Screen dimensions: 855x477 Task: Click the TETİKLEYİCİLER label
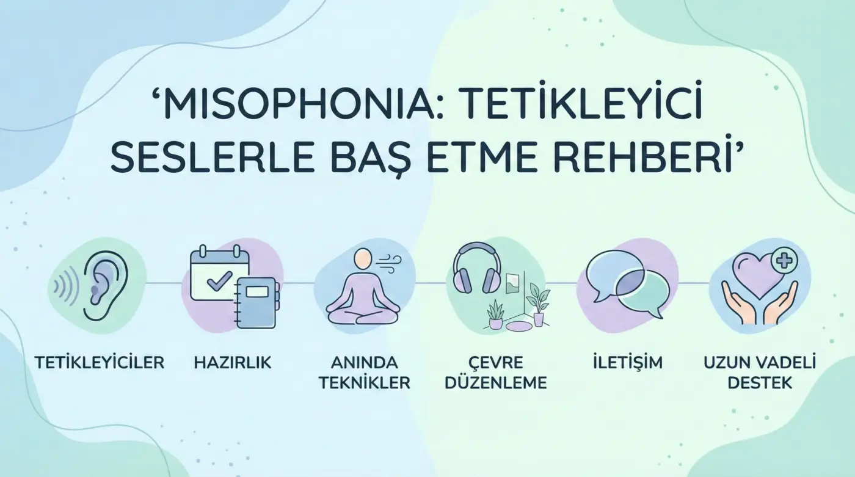[x=99, y=363]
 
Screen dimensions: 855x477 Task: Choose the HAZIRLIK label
[x=233, y=363]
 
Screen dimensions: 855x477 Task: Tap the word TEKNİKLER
[x=365, y=383]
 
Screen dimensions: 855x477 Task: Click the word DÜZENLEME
[x=496, y=383]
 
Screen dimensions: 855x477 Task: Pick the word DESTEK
[x=760, y=383]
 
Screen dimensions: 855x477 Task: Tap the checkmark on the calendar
[x=219, y=281]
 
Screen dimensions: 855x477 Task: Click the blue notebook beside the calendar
[x=257, y=302]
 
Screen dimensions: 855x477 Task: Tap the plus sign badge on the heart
[x=784, y=261]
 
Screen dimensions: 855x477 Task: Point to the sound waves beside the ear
[x=66, y=286]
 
